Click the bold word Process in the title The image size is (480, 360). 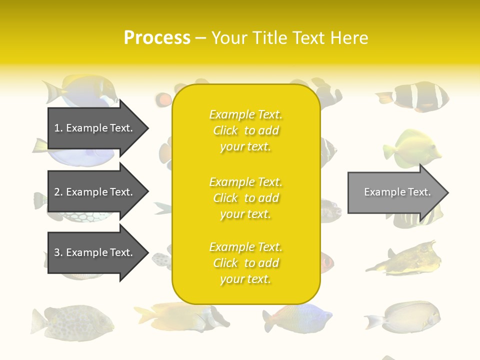pyautogui.click(x=157, y=38)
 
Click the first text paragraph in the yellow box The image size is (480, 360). pyautogui.click(x=245, y=130)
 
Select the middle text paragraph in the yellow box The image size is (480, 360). pyautogui.click(x=245, y=198)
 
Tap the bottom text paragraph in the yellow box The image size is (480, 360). pyautogui.click(x=245, y=263)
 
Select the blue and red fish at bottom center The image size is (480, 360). pyautogui.click(x=299, y=318)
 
